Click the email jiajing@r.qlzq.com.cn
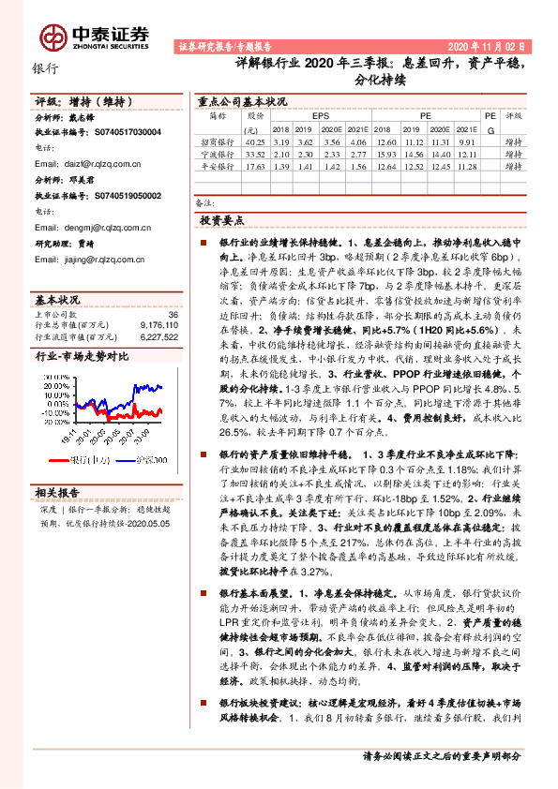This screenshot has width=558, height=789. (98, 264)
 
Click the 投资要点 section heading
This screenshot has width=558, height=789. (222, 219)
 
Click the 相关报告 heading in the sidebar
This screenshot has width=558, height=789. (58, 492)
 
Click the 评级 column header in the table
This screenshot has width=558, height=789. (512, 117)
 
